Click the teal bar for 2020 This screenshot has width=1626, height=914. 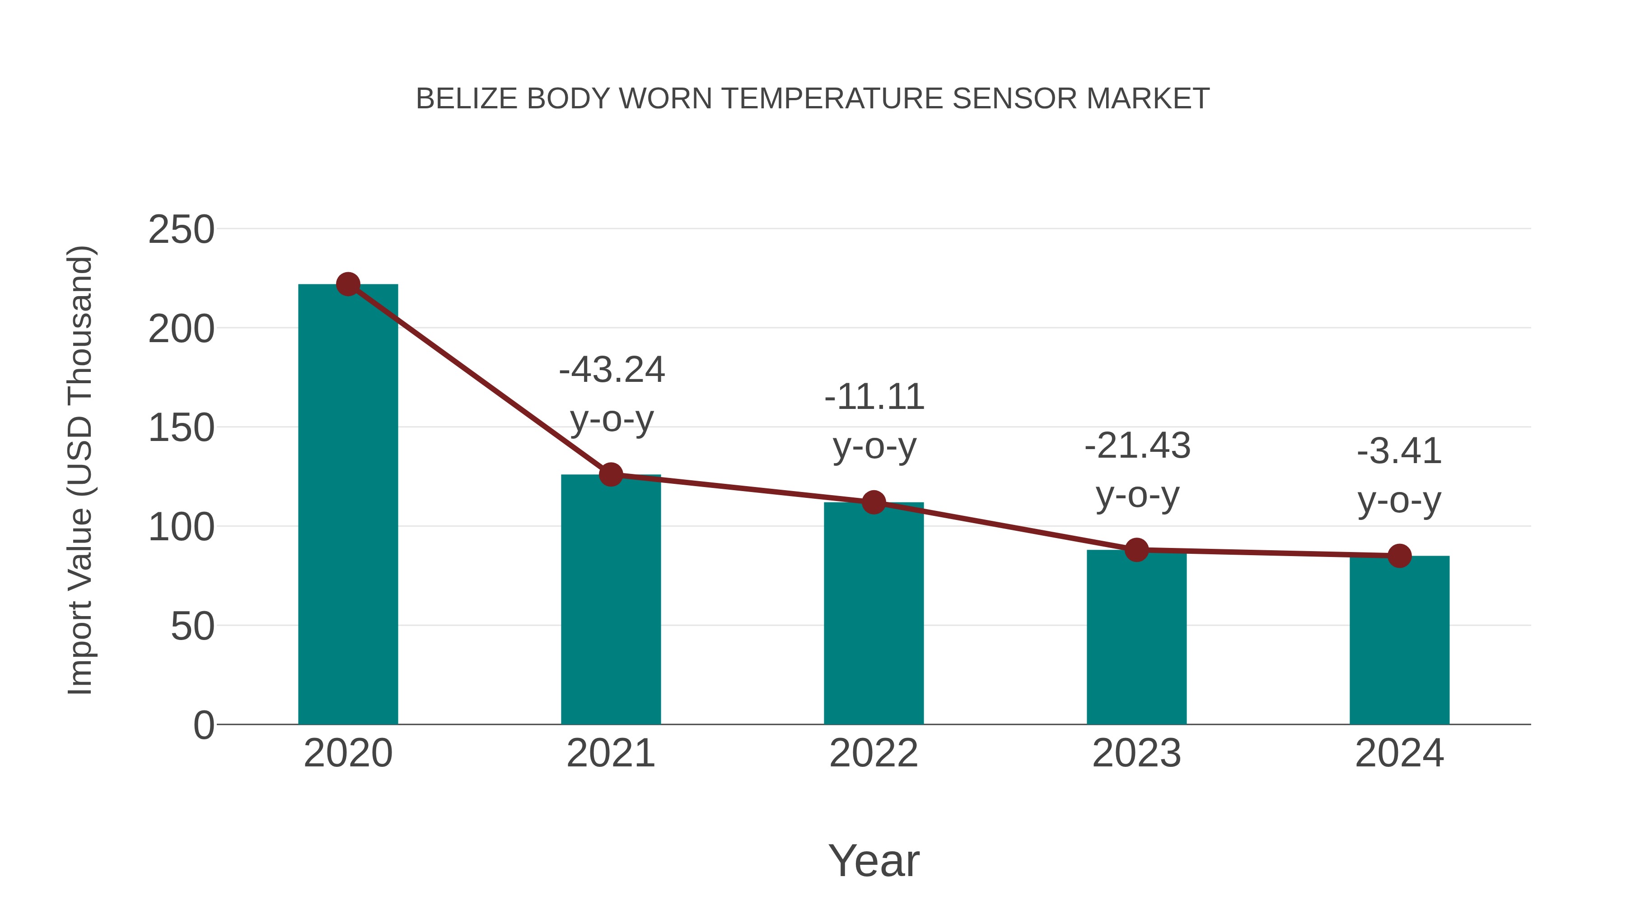348,505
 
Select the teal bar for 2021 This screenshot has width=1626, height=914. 610,599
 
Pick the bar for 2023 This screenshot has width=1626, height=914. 1136,637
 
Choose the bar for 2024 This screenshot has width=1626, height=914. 1399,640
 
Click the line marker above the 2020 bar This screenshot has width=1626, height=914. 348,284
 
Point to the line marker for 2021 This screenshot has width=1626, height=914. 610,474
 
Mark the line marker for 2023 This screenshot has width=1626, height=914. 1136,550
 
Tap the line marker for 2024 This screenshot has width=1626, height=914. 1399,556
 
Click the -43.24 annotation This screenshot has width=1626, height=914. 612,370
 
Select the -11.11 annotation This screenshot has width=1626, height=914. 874,397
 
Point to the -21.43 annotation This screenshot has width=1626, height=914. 1137,446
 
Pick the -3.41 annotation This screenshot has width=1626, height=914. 1399,452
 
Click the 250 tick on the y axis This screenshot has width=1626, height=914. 181,230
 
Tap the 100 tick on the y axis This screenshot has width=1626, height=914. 181,527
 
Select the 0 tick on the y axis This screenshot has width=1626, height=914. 203,725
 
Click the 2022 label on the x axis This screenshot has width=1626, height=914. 874,753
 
